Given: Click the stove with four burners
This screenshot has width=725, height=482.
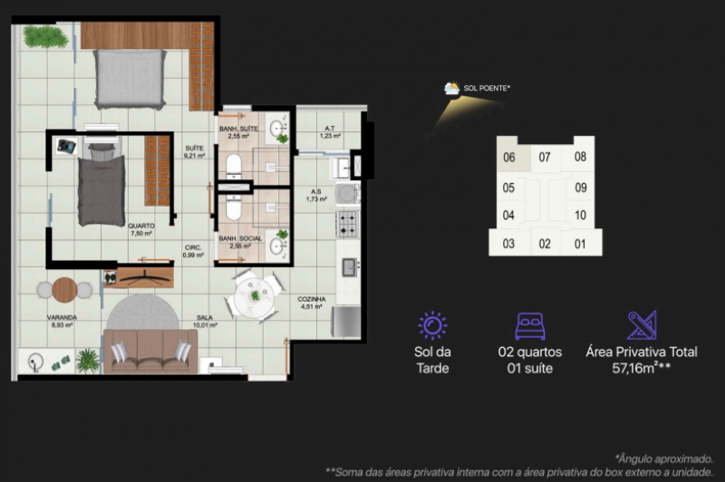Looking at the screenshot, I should tap(348, 223).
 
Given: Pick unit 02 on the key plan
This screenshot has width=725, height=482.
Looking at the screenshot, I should tap(545, 244).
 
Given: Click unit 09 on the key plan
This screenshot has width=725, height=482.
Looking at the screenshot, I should tap(581, 188).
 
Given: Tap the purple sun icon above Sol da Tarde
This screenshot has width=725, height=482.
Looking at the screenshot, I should tap(431, 325).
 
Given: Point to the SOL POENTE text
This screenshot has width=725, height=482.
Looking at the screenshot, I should tap(487, 89).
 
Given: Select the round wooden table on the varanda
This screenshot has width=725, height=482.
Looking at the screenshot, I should tap(64, 290).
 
